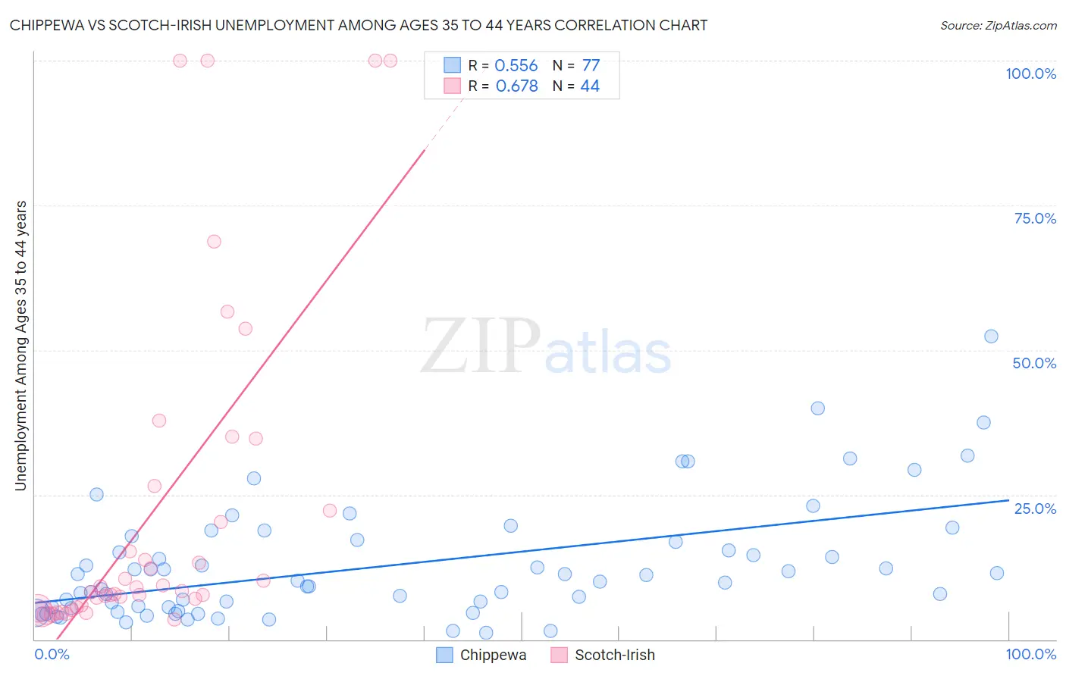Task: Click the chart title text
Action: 359,26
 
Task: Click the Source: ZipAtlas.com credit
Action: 998,26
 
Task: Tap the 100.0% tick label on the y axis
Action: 1030,74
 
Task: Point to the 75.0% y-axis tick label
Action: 1035,218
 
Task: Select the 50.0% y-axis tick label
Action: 1034,363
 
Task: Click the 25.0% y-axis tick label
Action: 1035,509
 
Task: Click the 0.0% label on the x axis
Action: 52,654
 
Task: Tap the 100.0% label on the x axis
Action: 1030,654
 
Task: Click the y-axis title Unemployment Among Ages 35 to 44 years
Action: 21,345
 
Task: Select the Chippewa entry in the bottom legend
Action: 492,655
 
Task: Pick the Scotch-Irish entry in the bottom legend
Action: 614,655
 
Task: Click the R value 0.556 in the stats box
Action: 516,66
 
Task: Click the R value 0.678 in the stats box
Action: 516,86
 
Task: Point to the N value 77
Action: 591,66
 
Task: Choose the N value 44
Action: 590,86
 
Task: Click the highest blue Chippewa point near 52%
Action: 991,336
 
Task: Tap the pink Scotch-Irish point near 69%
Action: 214,242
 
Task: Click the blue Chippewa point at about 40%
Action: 817,408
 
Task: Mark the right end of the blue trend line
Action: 1008,500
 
